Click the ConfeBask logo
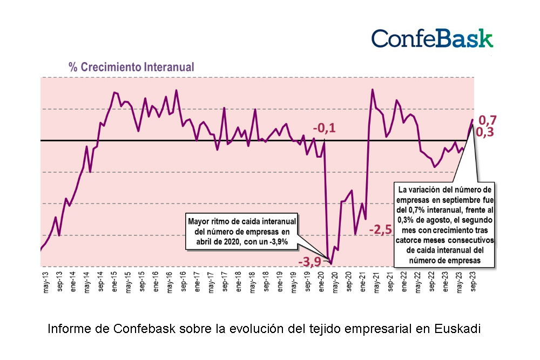[432, 39]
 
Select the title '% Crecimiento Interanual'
[131, 67]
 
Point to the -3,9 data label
[309, 262]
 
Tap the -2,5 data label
[380, 230]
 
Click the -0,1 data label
[324, 128]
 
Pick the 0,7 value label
[487, 120]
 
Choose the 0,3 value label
[487, 132]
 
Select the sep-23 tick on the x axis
[474, 282]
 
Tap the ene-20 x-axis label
[322, 282]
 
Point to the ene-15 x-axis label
[116, 282]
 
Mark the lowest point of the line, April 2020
[331, 264]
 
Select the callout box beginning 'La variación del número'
[444, 226]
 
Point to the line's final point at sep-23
[473, 120]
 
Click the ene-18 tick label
[239, 282]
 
